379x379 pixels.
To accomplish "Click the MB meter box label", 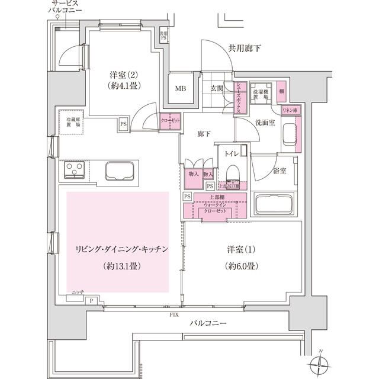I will click(x=179, y=89).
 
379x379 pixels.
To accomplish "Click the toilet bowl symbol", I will click(x=232, y=172).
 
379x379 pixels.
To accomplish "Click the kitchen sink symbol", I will click(x=121, y=172).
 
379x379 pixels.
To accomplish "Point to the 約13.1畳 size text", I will click(x=121, y=266).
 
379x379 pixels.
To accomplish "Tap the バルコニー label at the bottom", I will click(x=208, y=323).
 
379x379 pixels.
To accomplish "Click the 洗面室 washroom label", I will click(x=265, y=123).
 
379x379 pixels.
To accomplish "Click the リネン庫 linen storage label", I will click(x=290, y=111).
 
